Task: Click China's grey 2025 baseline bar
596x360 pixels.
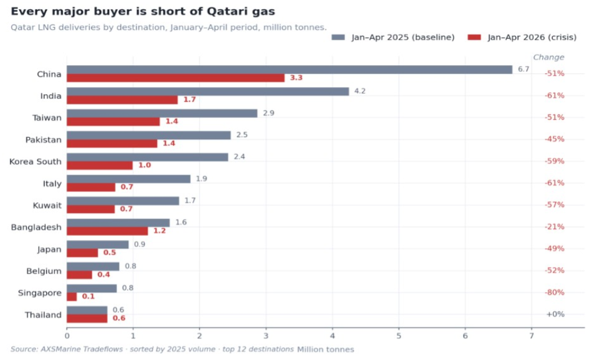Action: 290,69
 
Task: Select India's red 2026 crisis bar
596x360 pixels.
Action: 122,99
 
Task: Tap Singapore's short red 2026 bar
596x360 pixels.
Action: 72,296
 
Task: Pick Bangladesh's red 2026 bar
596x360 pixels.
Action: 107,231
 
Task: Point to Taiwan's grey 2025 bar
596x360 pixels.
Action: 162,114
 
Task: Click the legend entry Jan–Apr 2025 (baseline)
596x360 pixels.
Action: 393,37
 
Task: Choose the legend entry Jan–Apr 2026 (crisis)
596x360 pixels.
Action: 522,37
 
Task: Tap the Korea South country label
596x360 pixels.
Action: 35,162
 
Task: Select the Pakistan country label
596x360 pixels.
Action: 43,139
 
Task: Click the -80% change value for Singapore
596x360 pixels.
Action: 555,292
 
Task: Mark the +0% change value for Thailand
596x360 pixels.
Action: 555,314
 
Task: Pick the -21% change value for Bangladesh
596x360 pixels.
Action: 555,227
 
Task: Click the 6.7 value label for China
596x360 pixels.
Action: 523,69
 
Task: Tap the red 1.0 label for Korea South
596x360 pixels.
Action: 145,165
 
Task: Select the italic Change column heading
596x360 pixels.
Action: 548,58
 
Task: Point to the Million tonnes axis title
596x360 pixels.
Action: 326,349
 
